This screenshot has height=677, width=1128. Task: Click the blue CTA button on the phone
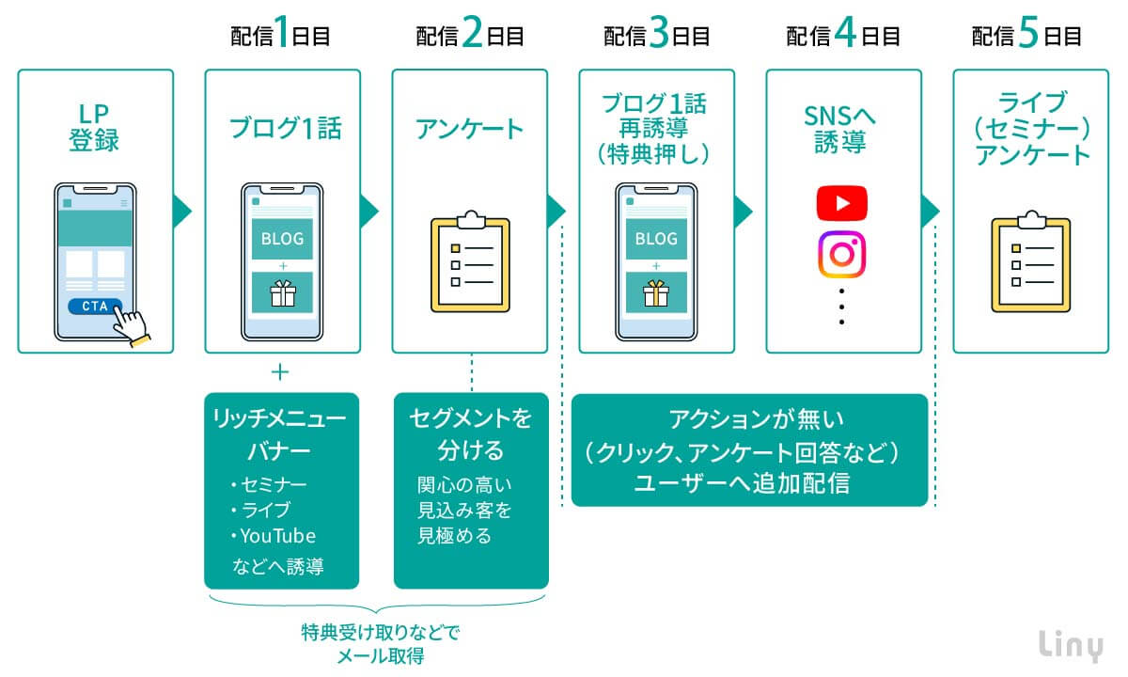tap(94, 307)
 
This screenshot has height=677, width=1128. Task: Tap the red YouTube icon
tap(841, 203)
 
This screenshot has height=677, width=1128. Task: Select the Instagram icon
tap(841, 255)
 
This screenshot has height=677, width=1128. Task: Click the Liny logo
tap(1073, 644)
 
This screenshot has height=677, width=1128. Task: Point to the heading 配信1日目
tap(281, 36)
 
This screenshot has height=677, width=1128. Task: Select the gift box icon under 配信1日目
tap(282, 294)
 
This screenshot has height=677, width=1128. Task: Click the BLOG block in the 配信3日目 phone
tap(655, 239)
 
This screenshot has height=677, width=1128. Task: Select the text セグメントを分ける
tap(470, 431)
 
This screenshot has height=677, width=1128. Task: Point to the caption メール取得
tap(380, 656)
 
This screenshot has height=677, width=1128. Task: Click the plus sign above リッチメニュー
tap(279, 372)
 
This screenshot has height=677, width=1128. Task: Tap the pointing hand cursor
tap(132, 325)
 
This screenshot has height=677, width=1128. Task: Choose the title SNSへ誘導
tap(841, 129)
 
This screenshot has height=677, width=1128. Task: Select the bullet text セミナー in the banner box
tap(274, 485)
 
